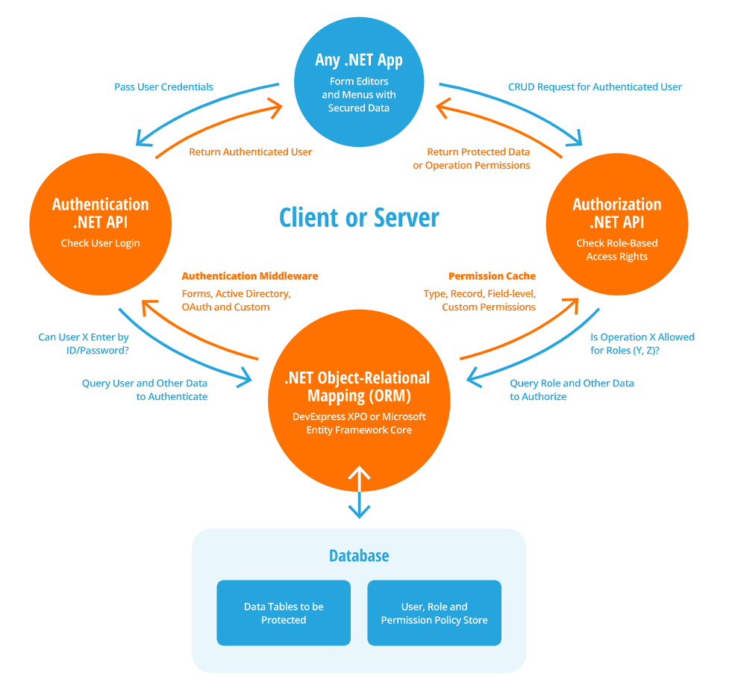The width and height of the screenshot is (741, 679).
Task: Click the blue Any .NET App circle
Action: (x=359, y=83)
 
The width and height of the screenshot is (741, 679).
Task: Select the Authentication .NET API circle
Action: (x=100, y=223)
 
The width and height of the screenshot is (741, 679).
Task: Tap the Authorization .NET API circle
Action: (x=616, y=224)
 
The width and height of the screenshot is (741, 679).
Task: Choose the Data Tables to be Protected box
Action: (x=284, y=613)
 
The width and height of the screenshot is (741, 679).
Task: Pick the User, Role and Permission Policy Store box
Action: (x=434, y=613)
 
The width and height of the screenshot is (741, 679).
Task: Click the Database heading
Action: (x=359, y=556)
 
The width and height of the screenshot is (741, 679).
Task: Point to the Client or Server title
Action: (x=359, y=218)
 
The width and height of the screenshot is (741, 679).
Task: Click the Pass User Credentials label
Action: (x=163, y=87)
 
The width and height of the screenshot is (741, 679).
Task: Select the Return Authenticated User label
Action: (x=250, y=152)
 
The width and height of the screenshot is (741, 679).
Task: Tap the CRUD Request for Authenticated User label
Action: (x=595, y=87)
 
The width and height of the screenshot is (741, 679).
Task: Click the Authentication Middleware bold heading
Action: (x=250, y=276)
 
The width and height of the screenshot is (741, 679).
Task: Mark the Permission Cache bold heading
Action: (x=492, y=276)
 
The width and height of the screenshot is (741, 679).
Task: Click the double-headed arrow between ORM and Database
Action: (x=360, y=492)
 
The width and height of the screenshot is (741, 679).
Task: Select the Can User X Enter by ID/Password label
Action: (x=84, y=344)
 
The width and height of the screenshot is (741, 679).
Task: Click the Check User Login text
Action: (x=100, y=243)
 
